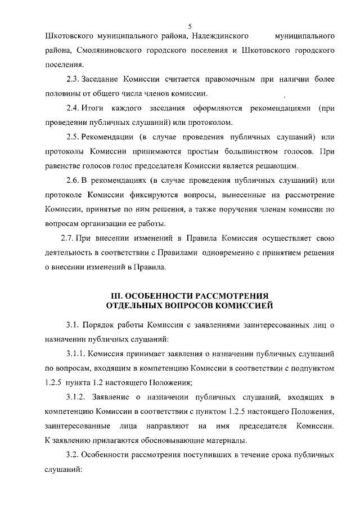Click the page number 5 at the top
click(x=190, y=26)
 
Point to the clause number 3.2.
click(x=72, y=455)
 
